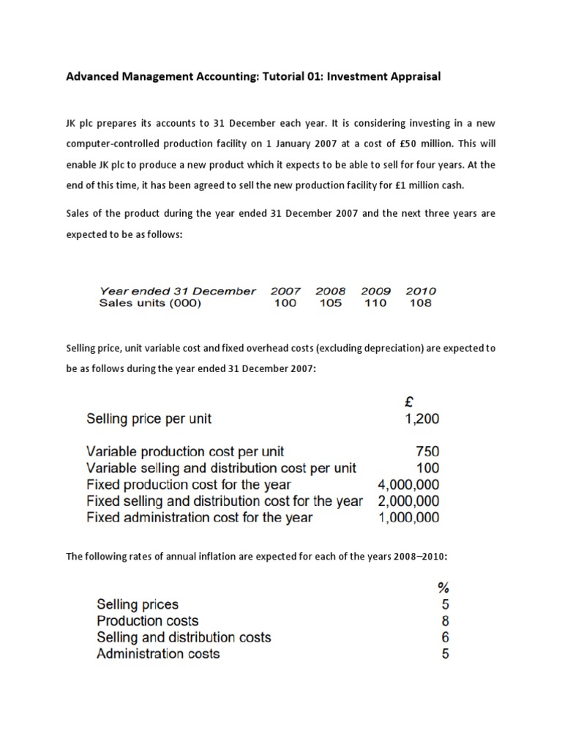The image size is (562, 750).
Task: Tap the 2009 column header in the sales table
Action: pyautogui.click(x=375, y=291)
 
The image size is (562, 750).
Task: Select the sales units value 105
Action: pyautogui.click(x=331, y=303)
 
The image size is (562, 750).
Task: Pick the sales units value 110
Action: pyautogui.click(x=375, y=303)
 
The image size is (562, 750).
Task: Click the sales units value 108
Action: pyautogui.click(x=421, y=303)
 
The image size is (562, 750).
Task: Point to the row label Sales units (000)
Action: pyautogui.click(x=149, y=303)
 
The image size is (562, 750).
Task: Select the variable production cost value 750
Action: pyautogui.click(x=428, y=452)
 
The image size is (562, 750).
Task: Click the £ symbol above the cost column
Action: pyautogui.click(x=410, y=401)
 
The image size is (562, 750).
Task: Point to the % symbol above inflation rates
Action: pyautogui.click(x=443, y=587)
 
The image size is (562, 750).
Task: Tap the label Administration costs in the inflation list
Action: pyautogui.click(x=158, y=654)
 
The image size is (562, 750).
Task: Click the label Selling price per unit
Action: pyautogui.click(x=149, y=420)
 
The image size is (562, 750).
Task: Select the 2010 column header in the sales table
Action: pyautogui.click(x=421, y=291)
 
